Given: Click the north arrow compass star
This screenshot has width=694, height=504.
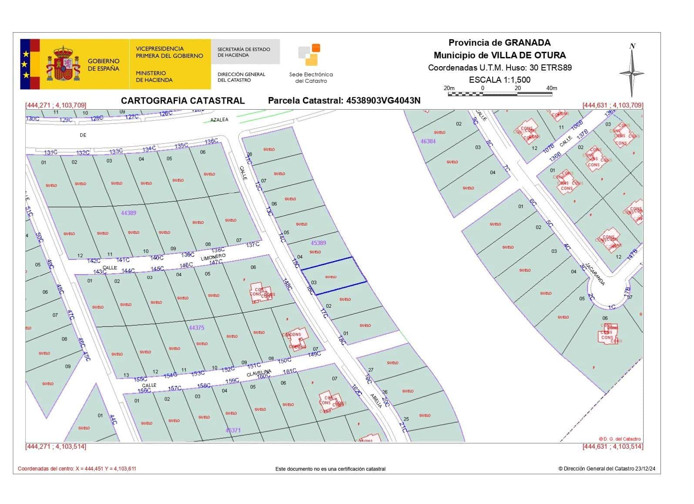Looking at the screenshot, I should (x=632, y=72).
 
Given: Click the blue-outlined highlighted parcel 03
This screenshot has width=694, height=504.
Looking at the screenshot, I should (x=334, y=276).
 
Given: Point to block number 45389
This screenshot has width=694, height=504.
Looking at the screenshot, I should (x=318, y=243).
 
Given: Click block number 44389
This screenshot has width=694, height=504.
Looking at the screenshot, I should (x=128, y=213).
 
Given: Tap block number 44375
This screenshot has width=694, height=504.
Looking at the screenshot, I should (x=196, y=327).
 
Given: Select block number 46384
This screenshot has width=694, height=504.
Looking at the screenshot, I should (x=428, y=141).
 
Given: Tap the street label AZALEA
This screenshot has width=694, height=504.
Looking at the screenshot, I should (x=219, y=120).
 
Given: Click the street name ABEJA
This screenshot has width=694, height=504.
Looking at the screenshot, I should (x=376, y=400).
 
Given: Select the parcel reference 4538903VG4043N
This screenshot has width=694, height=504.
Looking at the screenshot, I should (x=383, y=101).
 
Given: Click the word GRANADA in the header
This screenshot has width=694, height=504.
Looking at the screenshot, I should (x=527, y=43).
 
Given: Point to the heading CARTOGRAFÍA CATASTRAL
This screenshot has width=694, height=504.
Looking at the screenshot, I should (x=183, y=101).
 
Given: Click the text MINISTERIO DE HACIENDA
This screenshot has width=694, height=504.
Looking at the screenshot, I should (x=154, y=77).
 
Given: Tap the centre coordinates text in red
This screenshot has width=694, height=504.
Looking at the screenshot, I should (x=77, y=469).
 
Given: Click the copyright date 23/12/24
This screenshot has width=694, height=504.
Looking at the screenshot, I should (x=645, y=469).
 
